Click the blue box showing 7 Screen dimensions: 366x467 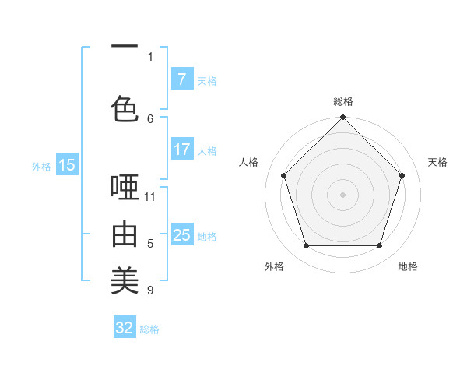[x=181, y=79]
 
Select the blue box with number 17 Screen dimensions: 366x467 [x=181, y=150]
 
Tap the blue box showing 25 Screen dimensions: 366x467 [x=181, y=235]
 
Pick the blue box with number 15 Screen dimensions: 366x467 [x=66, y=165]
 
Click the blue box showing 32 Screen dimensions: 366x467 [x=125, y=328]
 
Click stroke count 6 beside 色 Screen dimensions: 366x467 [x=150, y=118]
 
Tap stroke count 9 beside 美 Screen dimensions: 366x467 [x=150, y=290]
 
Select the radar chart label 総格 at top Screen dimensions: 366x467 [x=342, y=101]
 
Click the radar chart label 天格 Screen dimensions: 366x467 [x=437, y=162]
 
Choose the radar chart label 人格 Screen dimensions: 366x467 [x=249, y=162]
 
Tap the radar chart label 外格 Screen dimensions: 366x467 [x=274, y=266]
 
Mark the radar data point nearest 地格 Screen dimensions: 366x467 [x=379, y=245]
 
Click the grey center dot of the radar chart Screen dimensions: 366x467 [x=342, y=194]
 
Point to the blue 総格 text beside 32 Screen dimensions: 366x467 [x=149, y=329]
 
